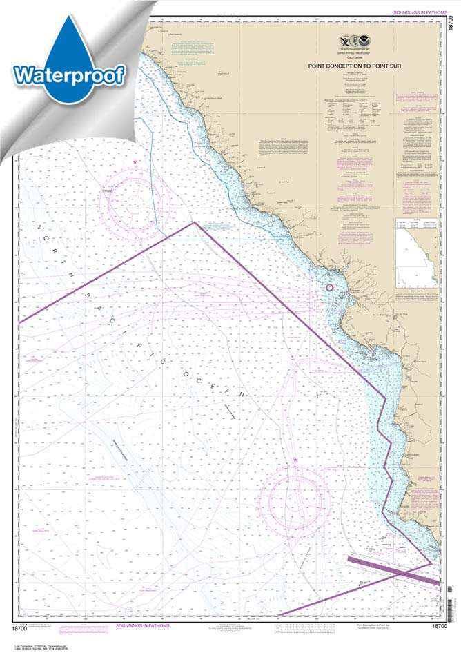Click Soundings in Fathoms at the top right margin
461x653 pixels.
tap(418, 12)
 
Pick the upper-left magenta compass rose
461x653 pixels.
tap(135, 200)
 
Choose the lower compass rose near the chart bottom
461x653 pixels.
tap(296, 499)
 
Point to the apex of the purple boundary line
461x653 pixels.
tap(195, 222)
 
